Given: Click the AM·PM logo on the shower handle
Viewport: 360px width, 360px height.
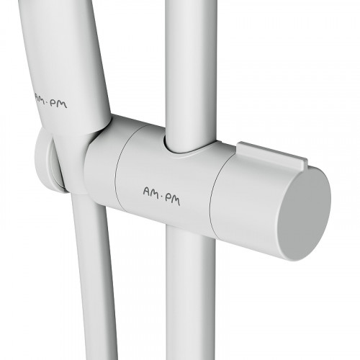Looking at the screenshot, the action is click(51, 101).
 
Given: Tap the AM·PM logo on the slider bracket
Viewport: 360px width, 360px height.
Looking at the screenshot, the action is click(161, 197).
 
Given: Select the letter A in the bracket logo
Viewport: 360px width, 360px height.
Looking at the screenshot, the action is click(147, 192).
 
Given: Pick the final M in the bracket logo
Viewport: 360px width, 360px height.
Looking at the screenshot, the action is click(175, 201).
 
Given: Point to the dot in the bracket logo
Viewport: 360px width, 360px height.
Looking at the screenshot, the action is click(161, 197).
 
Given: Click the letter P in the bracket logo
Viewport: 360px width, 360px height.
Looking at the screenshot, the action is click(167, 199).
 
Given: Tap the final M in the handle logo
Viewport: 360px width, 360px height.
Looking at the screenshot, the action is click(63, 104).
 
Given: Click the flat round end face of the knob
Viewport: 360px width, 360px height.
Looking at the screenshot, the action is click(305, 214).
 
